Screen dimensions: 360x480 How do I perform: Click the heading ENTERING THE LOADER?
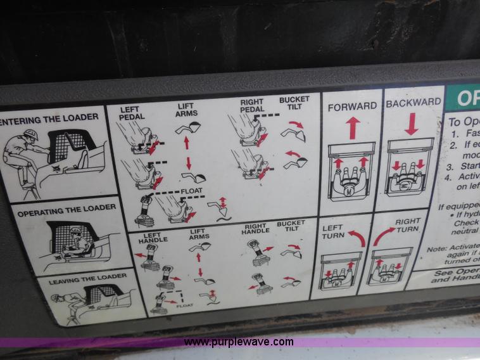[49, 117]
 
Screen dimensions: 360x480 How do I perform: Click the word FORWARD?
[352, 106]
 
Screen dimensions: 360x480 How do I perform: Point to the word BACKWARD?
[414, 102]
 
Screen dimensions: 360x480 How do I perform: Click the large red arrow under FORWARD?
[353, 128]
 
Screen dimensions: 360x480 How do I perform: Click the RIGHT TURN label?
[407, 226]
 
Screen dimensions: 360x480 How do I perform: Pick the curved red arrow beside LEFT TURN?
[357, 239]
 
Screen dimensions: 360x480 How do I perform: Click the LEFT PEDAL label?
[132, 113]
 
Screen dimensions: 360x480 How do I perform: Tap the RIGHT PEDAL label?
[252, 106]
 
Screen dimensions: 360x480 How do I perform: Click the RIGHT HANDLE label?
[255, 228]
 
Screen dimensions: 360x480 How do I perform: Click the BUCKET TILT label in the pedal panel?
[294, 103]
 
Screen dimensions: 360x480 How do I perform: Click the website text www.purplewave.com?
[239, 342]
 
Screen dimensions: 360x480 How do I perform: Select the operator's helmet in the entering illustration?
[30, 135]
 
